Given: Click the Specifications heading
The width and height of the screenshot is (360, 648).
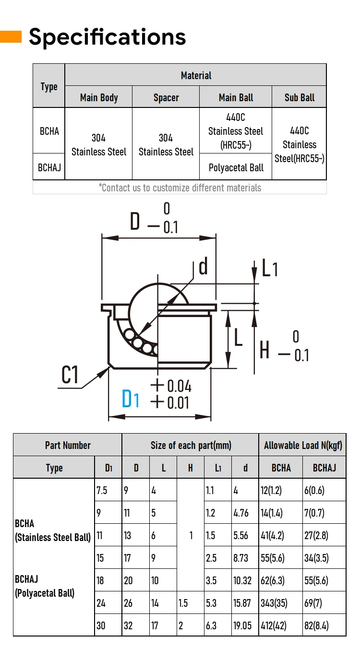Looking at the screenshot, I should (x=107, y=37).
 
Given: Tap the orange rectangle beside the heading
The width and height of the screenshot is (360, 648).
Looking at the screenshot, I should (x=11, y=37).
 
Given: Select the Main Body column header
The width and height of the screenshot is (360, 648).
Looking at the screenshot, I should (x=99, y=97).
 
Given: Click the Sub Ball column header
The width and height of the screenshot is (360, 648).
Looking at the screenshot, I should (x=300, y=97).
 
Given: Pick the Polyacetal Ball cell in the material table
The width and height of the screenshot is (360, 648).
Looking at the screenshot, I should (x=236, y=167).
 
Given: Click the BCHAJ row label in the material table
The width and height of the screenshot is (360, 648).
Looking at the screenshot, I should (x=49, y=167).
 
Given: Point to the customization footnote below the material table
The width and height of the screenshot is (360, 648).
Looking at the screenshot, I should (x=180, y=188).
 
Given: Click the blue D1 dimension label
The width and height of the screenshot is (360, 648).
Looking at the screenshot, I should (x=130, y=399).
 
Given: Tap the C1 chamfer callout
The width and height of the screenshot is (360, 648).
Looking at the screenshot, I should (x=70, y=375).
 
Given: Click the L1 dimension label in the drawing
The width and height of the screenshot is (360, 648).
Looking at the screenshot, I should (x=269, y=269).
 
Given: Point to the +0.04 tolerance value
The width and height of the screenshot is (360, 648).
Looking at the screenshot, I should (x=171, y=386).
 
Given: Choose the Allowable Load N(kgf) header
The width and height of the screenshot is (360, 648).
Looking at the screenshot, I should (x=303, y=445).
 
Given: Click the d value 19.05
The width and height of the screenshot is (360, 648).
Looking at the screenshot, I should (x=242, y=625).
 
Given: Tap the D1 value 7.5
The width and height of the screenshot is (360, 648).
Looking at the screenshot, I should (x=102, y=490).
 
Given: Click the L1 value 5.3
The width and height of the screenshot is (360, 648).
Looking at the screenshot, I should (x=211, y=602).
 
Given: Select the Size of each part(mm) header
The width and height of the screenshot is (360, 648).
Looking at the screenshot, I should (x=191, y=445).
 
